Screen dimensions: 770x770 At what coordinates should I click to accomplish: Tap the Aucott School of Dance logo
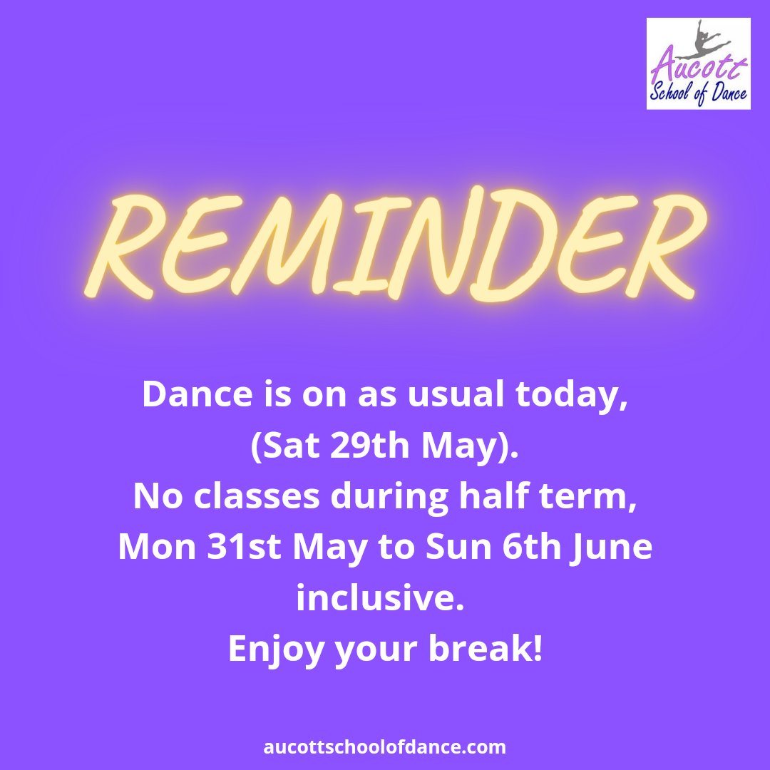point(698,64)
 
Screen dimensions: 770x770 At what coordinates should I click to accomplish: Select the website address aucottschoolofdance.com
point(385,747)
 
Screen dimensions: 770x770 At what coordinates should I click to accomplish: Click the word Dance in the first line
point(188,394)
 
